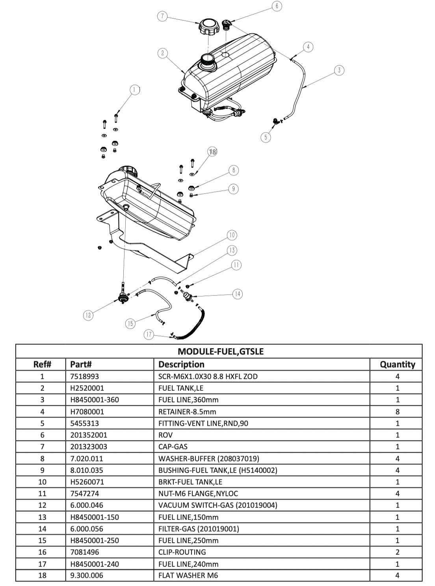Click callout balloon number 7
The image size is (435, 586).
[162, 16]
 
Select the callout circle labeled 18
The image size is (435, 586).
[212, 152]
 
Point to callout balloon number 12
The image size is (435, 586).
[88, 315]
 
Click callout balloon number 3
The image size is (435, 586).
[339, 70]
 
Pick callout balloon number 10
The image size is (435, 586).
[232, 235]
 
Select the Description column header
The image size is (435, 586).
[181, 364]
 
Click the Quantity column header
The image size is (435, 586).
[397, 364]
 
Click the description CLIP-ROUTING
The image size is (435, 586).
[182, 552]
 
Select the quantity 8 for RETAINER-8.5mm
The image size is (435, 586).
[397, 411]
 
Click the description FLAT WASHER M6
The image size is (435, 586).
[188, 575]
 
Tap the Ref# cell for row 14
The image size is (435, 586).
[42, 529]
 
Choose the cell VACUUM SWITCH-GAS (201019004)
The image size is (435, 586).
[217, 505]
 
